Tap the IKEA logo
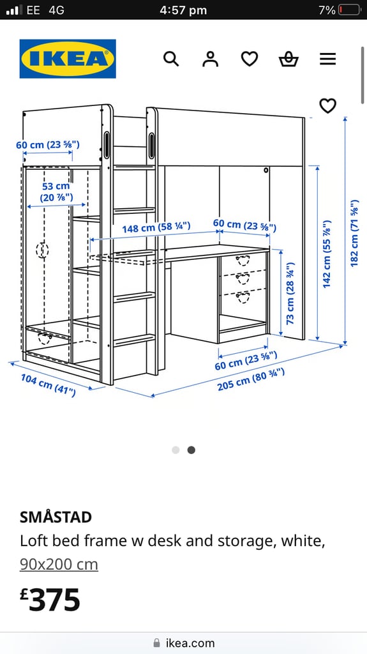click(68, 59)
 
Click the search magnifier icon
click(171, 59)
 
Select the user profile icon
click(210, 59)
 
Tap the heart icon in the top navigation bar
click(250, 59)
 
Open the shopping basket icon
click(288, 59)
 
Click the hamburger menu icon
click(328, 59)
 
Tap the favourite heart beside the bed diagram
click(328, 106)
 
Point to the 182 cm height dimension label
click(354, 233)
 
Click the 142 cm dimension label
click(327, 254)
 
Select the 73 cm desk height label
click(290, 293)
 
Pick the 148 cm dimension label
click(156, 228)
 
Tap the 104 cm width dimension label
click(49, 385)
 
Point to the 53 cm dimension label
click(56, 192)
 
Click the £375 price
click(50, 599)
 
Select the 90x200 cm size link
click(59, 565)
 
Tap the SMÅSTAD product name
click(56, 517)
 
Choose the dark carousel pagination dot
click(191, 450)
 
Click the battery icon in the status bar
click(350, 10)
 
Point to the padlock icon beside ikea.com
click(157, 643)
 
